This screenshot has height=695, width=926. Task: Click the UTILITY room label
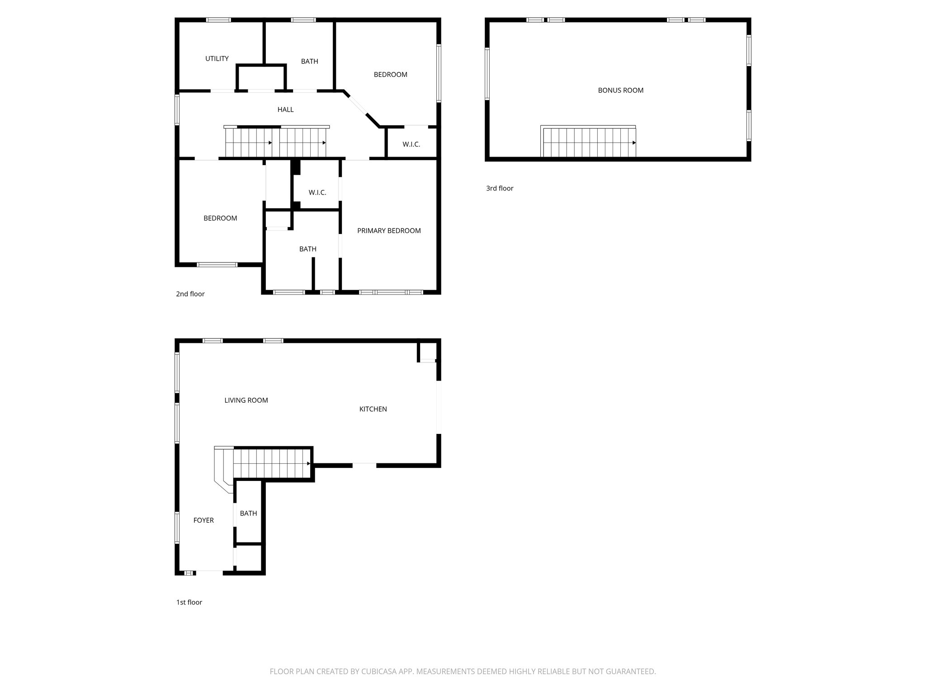(x=217, y=58)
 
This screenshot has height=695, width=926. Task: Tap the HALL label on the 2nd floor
(x=285, y=109)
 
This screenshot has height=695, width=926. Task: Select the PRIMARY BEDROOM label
(x=389, y=231)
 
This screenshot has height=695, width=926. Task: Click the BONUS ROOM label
(x=620, y=90)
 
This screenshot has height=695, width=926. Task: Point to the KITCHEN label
(x=373, y=409)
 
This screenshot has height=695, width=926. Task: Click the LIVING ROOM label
(x=246, y=400)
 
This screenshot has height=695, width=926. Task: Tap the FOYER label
(x=203, y=520)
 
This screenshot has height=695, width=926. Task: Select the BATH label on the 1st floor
(x=248, y=513)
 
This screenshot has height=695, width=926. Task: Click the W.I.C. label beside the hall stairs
(x=411, y=144)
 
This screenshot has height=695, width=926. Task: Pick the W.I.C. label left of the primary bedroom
(x=317, y=193)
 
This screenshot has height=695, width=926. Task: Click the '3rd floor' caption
(x=500, y=188)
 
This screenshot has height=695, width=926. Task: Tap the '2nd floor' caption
(x=190, y=294)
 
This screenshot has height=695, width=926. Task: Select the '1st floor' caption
(x=189, y=602)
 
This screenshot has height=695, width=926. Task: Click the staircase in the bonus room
(x=588, y=143)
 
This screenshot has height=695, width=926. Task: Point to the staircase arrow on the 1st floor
(x=308, y=463)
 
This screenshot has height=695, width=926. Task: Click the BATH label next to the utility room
(x=309, y=62)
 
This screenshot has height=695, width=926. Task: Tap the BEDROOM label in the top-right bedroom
(x=390, y=75)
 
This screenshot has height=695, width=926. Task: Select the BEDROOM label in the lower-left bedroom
(x=220, y=218)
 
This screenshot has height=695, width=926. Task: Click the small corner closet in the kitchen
(x=427, y=351)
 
